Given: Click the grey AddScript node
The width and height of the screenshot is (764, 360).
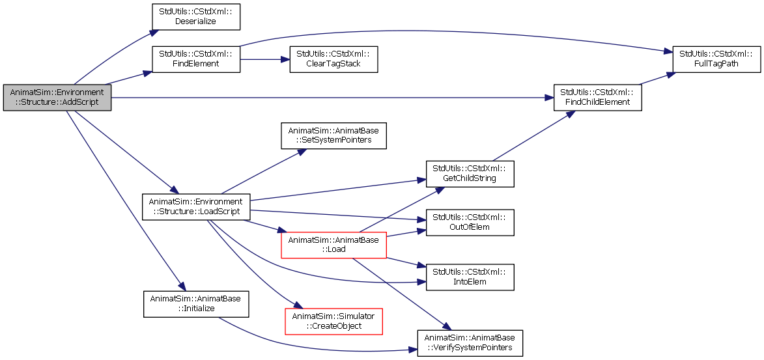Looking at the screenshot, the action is pyautogui.click(x=57, y=98).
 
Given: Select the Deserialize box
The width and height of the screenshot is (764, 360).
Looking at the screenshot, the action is pyautogui.click(x=196, y=17).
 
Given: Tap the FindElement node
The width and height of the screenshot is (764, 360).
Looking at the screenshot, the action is pyautogui.click(x=196, y=59).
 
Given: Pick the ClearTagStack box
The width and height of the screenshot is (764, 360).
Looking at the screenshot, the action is pyautogui.click(x=333, y=59).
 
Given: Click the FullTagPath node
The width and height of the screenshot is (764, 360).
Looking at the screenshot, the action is pyautogui.click(x=716, y=59).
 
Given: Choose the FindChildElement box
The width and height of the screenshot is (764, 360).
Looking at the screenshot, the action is pyautogui.click(x=597, y=98).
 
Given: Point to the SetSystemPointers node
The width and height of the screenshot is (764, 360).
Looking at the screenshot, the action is pyautogui.click(x=333, y=136).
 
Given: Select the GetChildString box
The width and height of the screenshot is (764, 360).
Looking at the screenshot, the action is pyautogui.click(x=470, y=173).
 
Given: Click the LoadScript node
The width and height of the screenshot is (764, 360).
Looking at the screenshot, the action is pyautogui.click(x=196, y=207).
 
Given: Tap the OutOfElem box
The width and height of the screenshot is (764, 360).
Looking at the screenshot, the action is pyautogui.click(x=470, y=223).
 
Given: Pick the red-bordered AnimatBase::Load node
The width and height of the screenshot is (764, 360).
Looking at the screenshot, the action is pyautogui.click(x=333, y=245).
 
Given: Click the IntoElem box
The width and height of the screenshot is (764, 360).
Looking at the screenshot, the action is pyautogui.click(x=470, y=277).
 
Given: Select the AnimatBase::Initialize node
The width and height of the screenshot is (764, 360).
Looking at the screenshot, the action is pyautogui.click(x=196, y=305).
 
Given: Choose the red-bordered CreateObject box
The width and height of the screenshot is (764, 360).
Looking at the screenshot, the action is pyautogui.click(x=333, y=321).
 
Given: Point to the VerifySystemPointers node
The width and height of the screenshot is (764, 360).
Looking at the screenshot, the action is pyautogui.click(x=470, y=344).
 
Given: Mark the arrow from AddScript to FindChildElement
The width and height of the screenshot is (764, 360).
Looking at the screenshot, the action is pyautogui.click(x=332, y=98).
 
